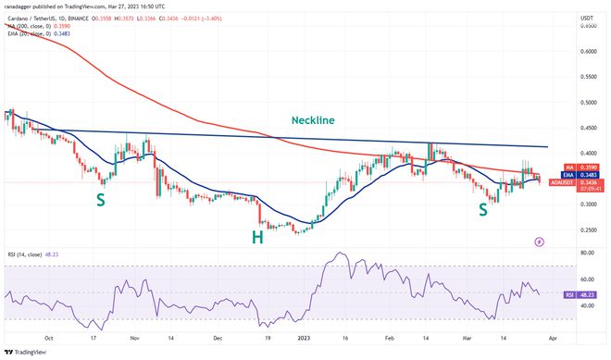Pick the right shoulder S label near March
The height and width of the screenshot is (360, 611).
click(x=484, y=210)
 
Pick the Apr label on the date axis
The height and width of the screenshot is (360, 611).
click(x=552, y=339)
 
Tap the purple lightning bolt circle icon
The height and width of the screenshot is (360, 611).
click(x=540, y=242)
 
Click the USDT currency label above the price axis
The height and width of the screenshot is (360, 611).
click(x=585, y=17)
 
